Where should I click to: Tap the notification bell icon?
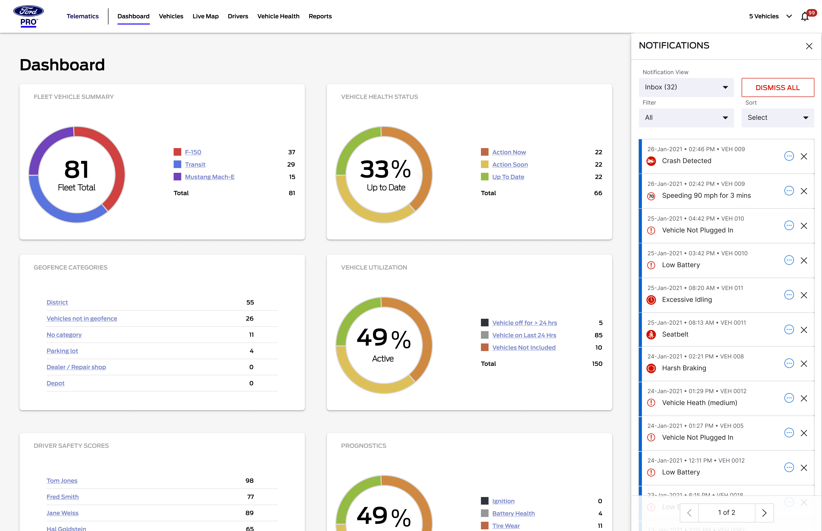click(804, 16)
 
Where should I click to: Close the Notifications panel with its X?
click(809, 46)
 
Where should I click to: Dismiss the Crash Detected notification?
click(804, 156)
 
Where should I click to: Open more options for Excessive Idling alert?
click(789, 295)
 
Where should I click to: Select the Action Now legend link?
click(509, 152)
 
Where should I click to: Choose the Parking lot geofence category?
click(62, 351)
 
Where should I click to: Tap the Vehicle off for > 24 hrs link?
click(524, 323)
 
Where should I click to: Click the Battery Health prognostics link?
click(513, 513)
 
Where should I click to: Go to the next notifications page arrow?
click(764, 513)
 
